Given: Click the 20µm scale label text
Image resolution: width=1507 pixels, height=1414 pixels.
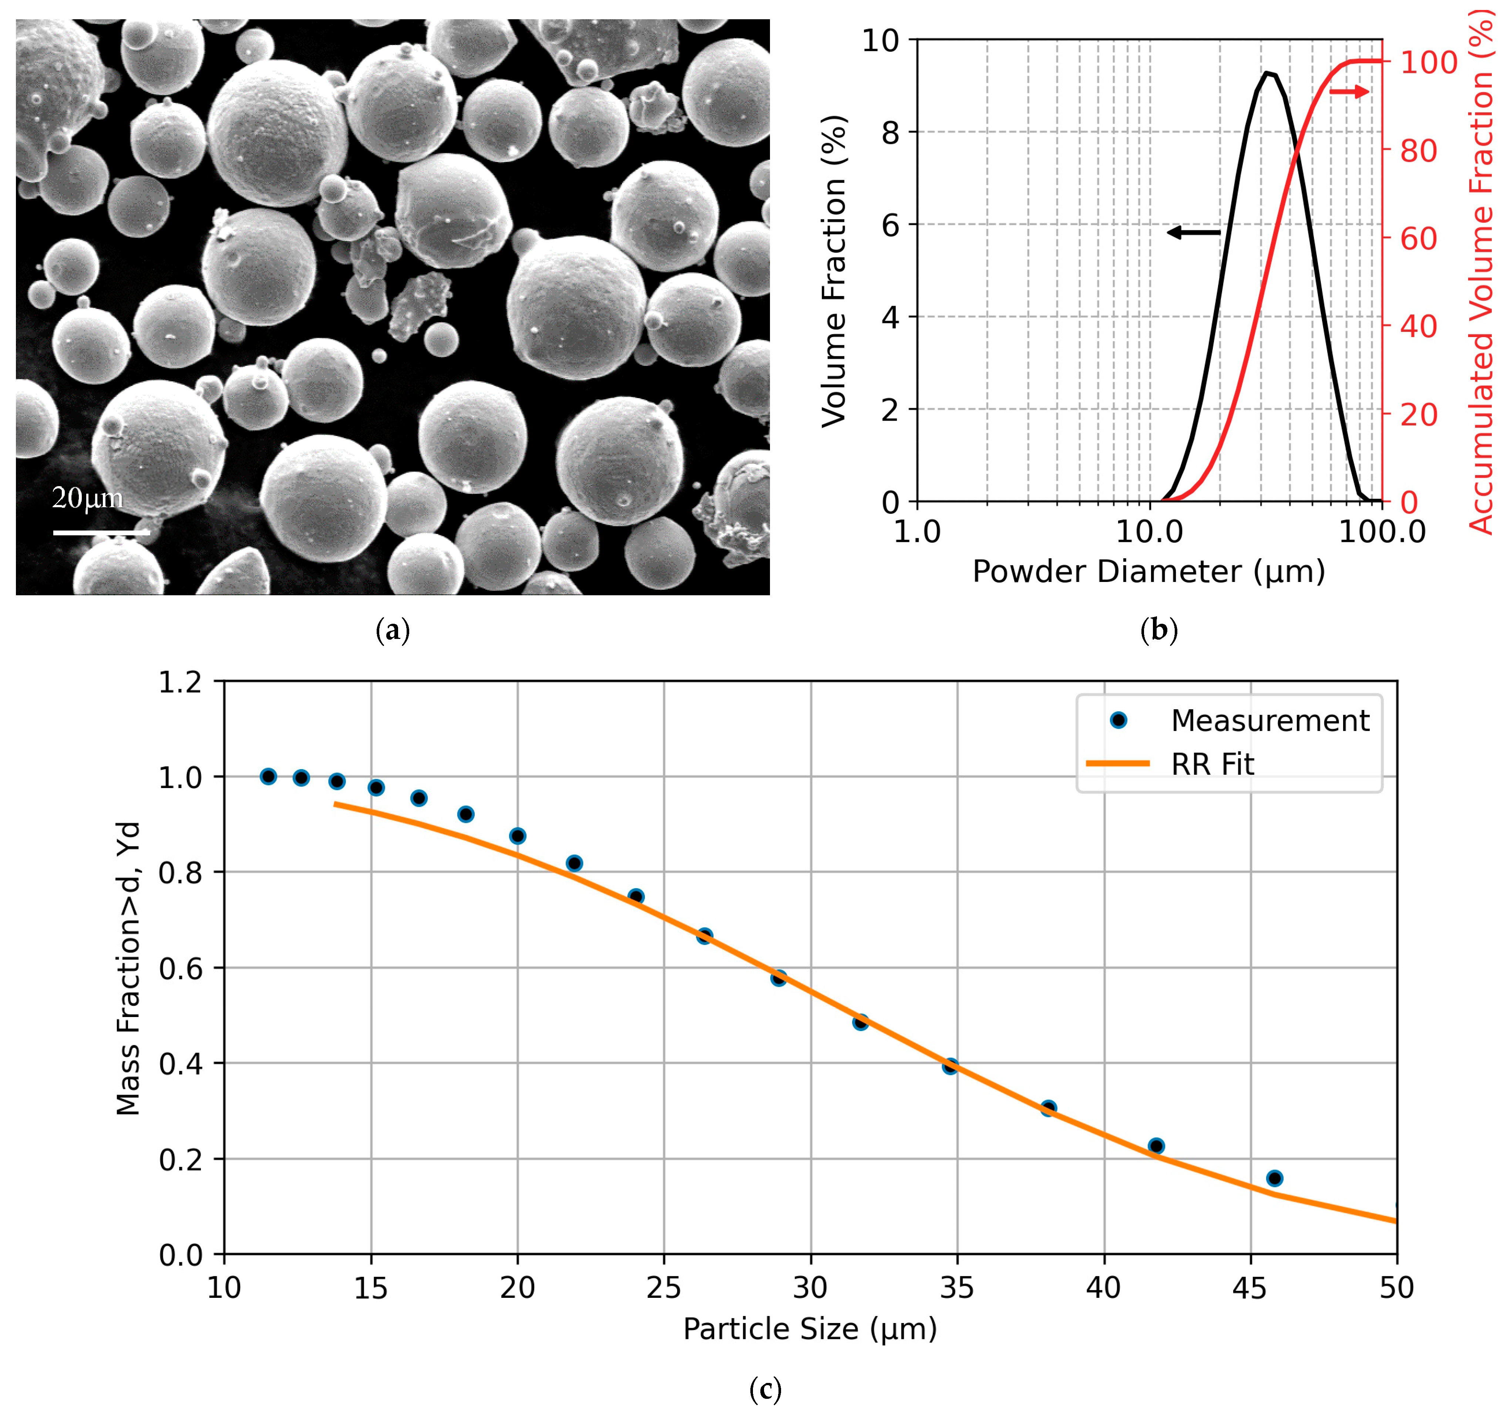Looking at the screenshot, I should (87, 498).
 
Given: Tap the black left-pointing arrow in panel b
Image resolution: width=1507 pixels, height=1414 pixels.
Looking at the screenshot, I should (1193, 232).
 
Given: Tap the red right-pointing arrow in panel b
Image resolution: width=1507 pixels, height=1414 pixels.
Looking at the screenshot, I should (1349, 92).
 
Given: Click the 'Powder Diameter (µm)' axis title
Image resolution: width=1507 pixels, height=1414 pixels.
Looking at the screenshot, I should (1148, 572).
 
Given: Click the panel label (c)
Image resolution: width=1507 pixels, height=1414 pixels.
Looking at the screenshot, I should (765, 1389).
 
